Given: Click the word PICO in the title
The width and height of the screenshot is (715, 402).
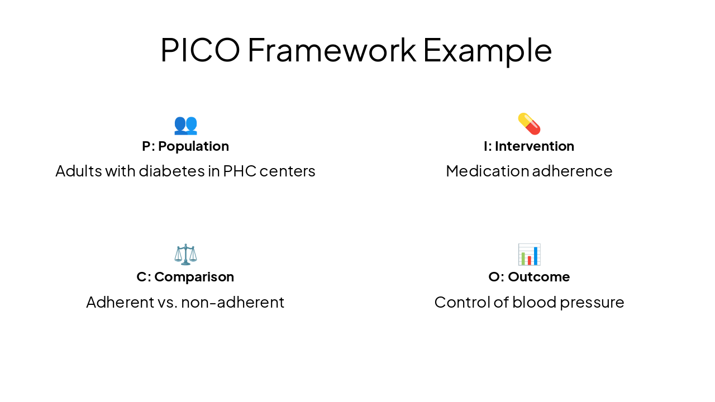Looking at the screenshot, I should pyautogui.click(x=200, y=50).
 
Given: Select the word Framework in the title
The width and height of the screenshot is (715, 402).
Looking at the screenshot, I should pyautogui.click(x=331, y=50).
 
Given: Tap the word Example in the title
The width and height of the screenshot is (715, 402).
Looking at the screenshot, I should pyautogui.click(x=487, y=50).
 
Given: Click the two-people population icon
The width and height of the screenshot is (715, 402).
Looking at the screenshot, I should pyautogui.click(x=185, y=124).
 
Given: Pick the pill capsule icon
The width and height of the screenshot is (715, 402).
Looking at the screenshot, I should pyautogui.click(x=529, y=123).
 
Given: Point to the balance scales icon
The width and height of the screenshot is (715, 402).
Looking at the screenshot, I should pyautogui.click(x=185, y=254).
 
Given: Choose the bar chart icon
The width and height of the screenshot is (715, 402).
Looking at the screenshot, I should pyautogui.click(x=529, y=255).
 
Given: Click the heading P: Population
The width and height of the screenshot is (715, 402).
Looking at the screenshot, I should pyautogui.click(x=185, y=146).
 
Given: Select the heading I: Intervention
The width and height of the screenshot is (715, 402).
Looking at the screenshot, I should pyautogui.click(x=529, y=146).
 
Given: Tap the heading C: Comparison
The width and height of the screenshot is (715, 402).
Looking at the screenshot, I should pyautogui.click(x=185, y=277).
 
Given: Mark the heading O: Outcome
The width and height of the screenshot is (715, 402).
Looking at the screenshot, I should pyautogui.click(x=529, y=277).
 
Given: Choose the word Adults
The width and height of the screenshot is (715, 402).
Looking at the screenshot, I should pyautogui.click(x=79, y=171).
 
